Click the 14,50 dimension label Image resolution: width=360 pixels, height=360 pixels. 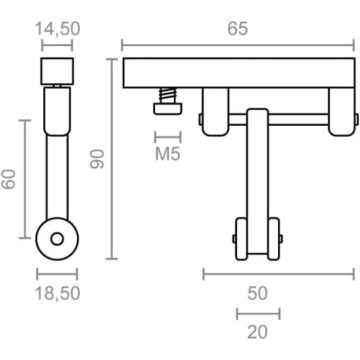pos(58,29)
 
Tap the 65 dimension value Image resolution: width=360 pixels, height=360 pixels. pos(238,29)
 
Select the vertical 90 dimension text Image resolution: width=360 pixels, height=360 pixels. pos(97,159)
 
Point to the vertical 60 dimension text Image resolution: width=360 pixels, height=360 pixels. pos(8,179)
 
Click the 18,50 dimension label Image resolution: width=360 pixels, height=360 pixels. pos(58,293)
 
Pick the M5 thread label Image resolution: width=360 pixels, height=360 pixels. pos(168,154)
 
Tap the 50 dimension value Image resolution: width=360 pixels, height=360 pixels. pos(258,293)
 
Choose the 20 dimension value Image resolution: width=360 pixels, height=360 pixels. pos(258,332)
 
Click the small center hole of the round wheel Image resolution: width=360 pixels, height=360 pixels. pos(57,239)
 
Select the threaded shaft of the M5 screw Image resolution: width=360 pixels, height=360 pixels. pos(168,95)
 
